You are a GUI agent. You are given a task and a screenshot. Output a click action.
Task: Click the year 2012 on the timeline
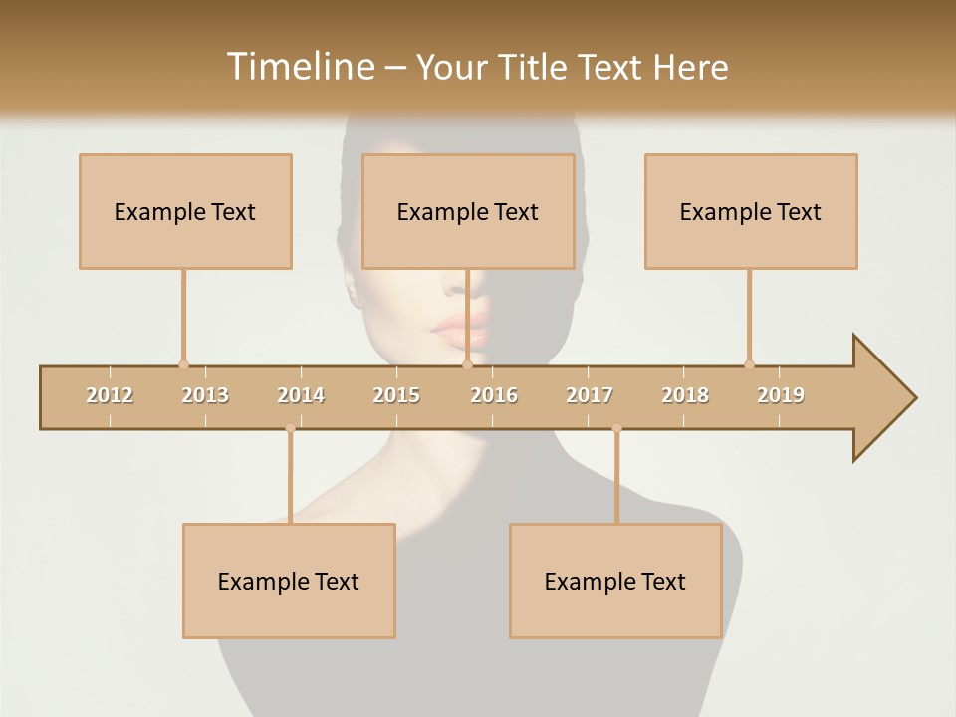[x=110, y=395]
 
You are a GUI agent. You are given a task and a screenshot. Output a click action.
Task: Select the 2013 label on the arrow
[x=205, y=395]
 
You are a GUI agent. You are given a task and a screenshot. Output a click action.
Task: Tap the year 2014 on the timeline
[x=301, y=395]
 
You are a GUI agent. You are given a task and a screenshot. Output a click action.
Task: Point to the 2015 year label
[x=396, y=395]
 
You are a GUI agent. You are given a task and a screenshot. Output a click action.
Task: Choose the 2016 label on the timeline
[x=494, y=395]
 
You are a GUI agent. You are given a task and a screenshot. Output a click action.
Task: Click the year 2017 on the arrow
[x=590, y=395]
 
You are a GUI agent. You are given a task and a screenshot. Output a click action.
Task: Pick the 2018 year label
[x=685, y=395]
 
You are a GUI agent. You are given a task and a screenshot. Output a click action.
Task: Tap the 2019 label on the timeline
[x=781, y=395]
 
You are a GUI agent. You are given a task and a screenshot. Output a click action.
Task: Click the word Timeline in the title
[x=299, y=67]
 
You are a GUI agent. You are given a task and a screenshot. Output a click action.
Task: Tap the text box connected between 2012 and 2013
[x=185, y=211]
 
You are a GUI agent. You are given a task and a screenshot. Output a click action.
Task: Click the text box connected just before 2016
[x=468, y=211]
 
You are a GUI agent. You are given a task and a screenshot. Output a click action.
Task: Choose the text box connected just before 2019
[x=751, y=211]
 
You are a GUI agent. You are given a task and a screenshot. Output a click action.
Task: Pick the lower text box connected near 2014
[x=289, y=581]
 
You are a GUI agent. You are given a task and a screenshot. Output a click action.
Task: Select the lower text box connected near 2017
[x=615, y=581]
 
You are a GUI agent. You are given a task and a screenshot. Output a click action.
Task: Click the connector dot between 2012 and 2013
[x=183, y=364]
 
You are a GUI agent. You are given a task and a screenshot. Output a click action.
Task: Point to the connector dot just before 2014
[x=290, y=429]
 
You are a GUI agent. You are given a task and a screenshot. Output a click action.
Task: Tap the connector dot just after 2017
[x=616, y=429]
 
